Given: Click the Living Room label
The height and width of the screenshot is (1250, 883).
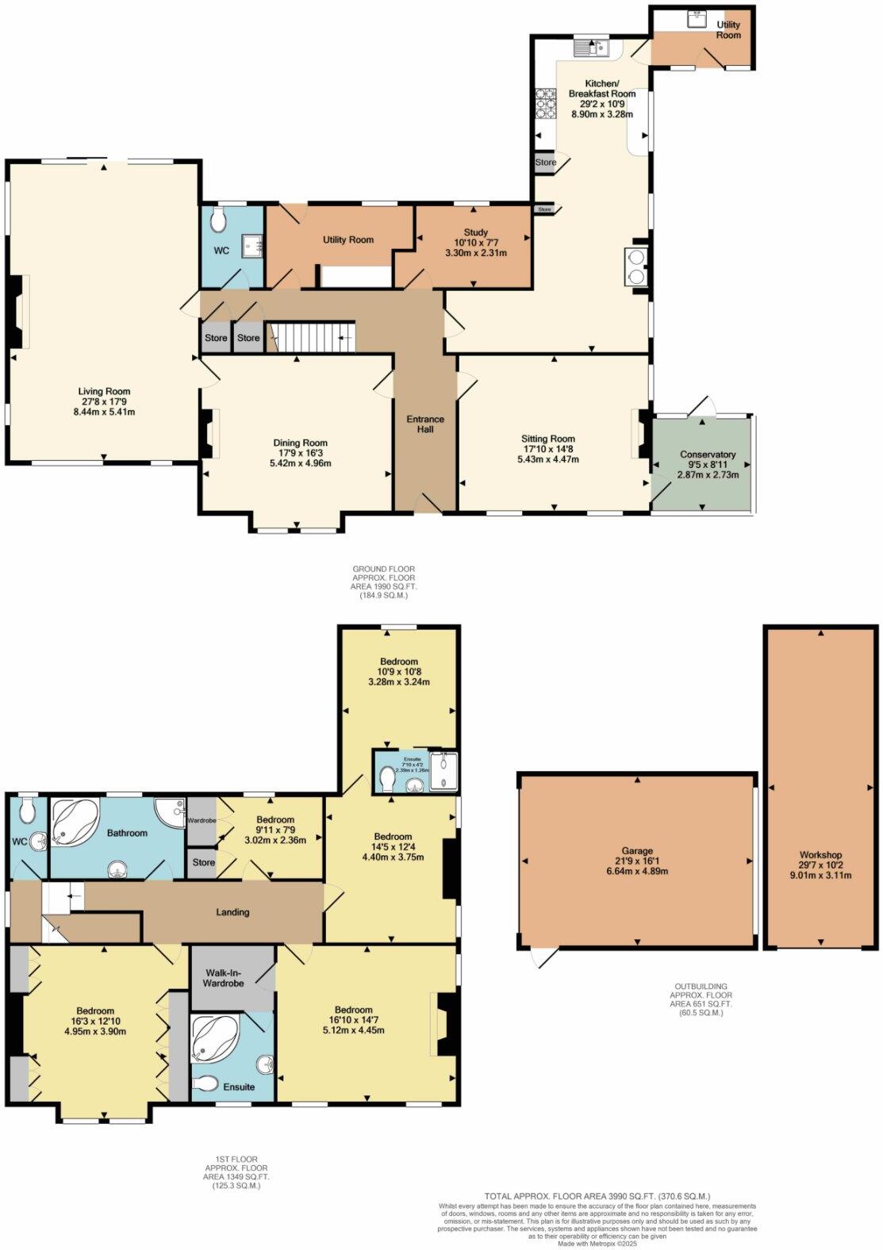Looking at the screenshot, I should (104, 391).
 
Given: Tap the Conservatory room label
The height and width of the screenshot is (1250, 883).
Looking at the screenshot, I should (708, 454).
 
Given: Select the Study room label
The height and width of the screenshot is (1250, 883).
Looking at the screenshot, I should (476, 232).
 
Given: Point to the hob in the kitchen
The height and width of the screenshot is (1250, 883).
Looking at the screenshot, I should (546, 102).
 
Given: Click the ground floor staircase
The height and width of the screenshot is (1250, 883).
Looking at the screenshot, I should (310, 337).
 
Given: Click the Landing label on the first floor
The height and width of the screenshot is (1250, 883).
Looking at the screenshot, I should (232, 912).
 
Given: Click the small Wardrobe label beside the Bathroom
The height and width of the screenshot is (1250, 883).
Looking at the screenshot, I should (202, 820).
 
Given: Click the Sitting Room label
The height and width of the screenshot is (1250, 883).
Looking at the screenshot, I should (547, 439).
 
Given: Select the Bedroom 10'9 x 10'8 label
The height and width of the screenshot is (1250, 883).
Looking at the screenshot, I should (398, 661).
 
